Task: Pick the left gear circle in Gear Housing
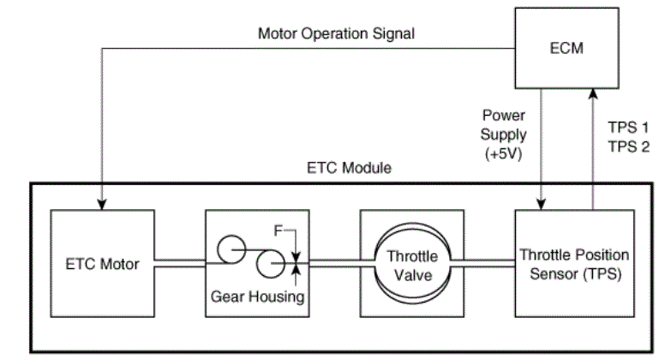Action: [230, 249]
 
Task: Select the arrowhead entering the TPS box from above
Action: [542, 202]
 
